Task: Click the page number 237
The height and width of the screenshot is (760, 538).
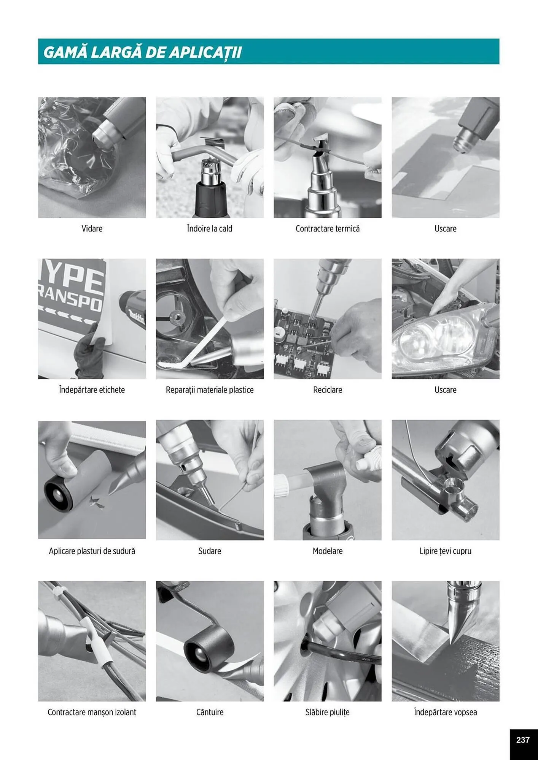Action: pos(523,740)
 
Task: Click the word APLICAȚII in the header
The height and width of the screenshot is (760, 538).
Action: pos(205,52)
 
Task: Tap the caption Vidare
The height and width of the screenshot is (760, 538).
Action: pos(92,229)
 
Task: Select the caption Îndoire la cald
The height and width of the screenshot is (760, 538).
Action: pos(210,229)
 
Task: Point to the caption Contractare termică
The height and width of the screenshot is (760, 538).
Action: pos(328,229)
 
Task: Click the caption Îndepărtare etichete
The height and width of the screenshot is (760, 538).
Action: pos(92,390)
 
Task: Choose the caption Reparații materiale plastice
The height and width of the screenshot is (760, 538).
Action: pos(210,390)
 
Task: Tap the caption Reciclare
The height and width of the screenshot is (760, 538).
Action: pos(328,390)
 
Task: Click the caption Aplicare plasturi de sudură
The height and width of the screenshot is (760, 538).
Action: pos(92,551)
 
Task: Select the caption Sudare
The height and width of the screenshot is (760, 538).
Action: pos(210,551)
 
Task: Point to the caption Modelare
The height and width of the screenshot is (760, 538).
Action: pos(328,551)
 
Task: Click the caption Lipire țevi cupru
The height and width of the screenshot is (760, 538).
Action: pos(446,551)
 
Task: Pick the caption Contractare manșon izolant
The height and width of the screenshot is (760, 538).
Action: pos(92,712)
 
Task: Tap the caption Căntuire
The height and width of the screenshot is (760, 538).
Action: pos(210,712)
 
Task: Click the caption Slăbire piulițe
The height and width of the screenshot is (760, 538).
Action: pos(328,712)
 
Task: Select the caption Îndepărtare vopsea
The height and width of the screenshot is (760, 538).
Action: pos(446,712)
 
